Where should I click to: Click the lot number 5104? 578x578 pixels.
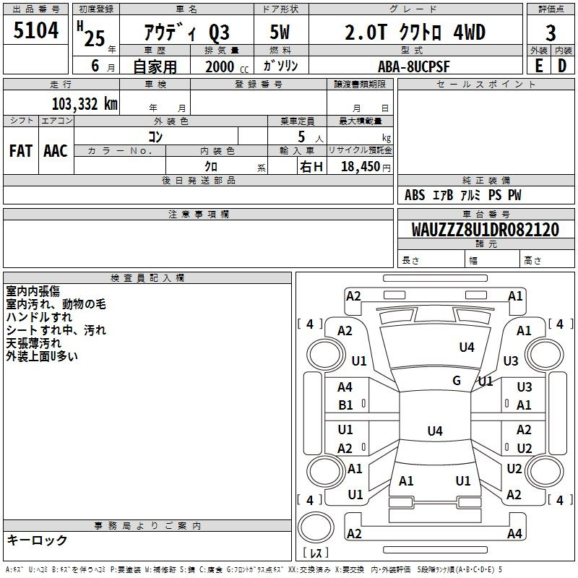[x=35, y=30]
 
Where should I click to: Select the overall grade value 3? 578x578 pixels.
[x=551, y=33]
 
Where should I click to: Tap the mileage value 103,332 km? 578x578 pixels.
[x=85, y=104]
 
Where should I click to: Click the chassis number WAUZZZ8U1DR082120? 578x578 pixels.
[x=485, y=230]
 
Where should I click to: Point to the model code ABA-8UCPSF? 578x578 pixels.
[x=413, y=66]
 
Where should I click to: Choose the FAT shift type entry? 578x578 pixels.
[x=21, y=151]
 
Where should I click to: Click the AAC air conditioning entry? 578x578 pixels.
[x=56, y=151]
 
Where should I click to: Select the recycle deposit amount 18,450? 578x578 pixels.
[x=361, y=167]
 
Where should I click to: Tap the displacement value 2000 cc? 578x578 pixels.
[x=227, y=66]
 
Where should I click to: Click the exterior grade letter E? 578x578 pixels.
[x=538, y=66]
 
